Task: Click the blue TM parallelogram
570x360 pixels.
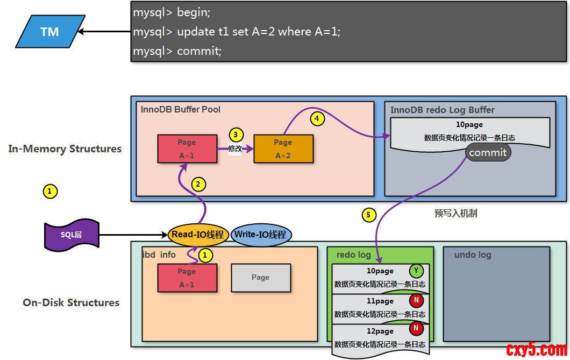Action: [x=50, y=31]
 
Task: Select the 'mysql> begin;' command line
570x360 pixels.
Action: [x=172, y=12]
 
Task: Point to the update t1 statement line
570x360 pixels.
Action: [x=237, y=32]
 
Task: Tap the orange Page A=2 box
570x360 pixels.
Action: [x=283, y=149]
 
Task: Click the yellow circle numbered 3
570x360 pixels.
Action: [x=236, y=135]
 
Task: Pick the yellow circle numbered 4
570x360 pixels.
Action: [x=317, y=118]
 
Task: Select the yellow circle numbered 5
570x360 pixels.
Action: [x=368, y=215]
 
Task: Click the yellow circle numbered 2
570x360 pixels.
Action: [x=198, y=184]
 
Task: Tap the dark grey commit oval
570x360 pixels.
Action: [x=488, y=152]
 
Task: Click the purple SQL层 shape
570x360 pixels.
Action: [x=72, y=235]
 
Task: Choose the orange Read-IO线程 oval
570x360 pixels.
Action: [x=198, y=235]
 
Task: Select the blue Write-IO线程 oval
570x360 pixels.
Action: [x=261, y=235]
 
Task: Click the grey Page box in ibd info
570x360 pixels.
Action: [x=260, y=278]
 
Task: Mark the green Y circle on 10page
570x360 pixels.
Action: [x=416, y=271]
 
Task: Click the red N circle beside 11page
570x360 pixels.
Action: [x=416, y=300]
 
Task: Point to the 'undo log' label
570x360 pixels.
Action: [x=473, y=255]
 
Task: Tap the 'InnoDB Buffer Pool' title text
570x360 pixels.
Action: [x=181, y=109]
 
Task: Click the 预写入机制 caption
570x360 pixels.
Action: [x=455, y=213]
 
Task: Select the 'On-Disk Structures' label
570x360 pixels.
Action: [x=71, y=302]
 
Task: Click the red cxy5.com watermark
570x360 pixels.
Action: [x=536, y=350]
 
